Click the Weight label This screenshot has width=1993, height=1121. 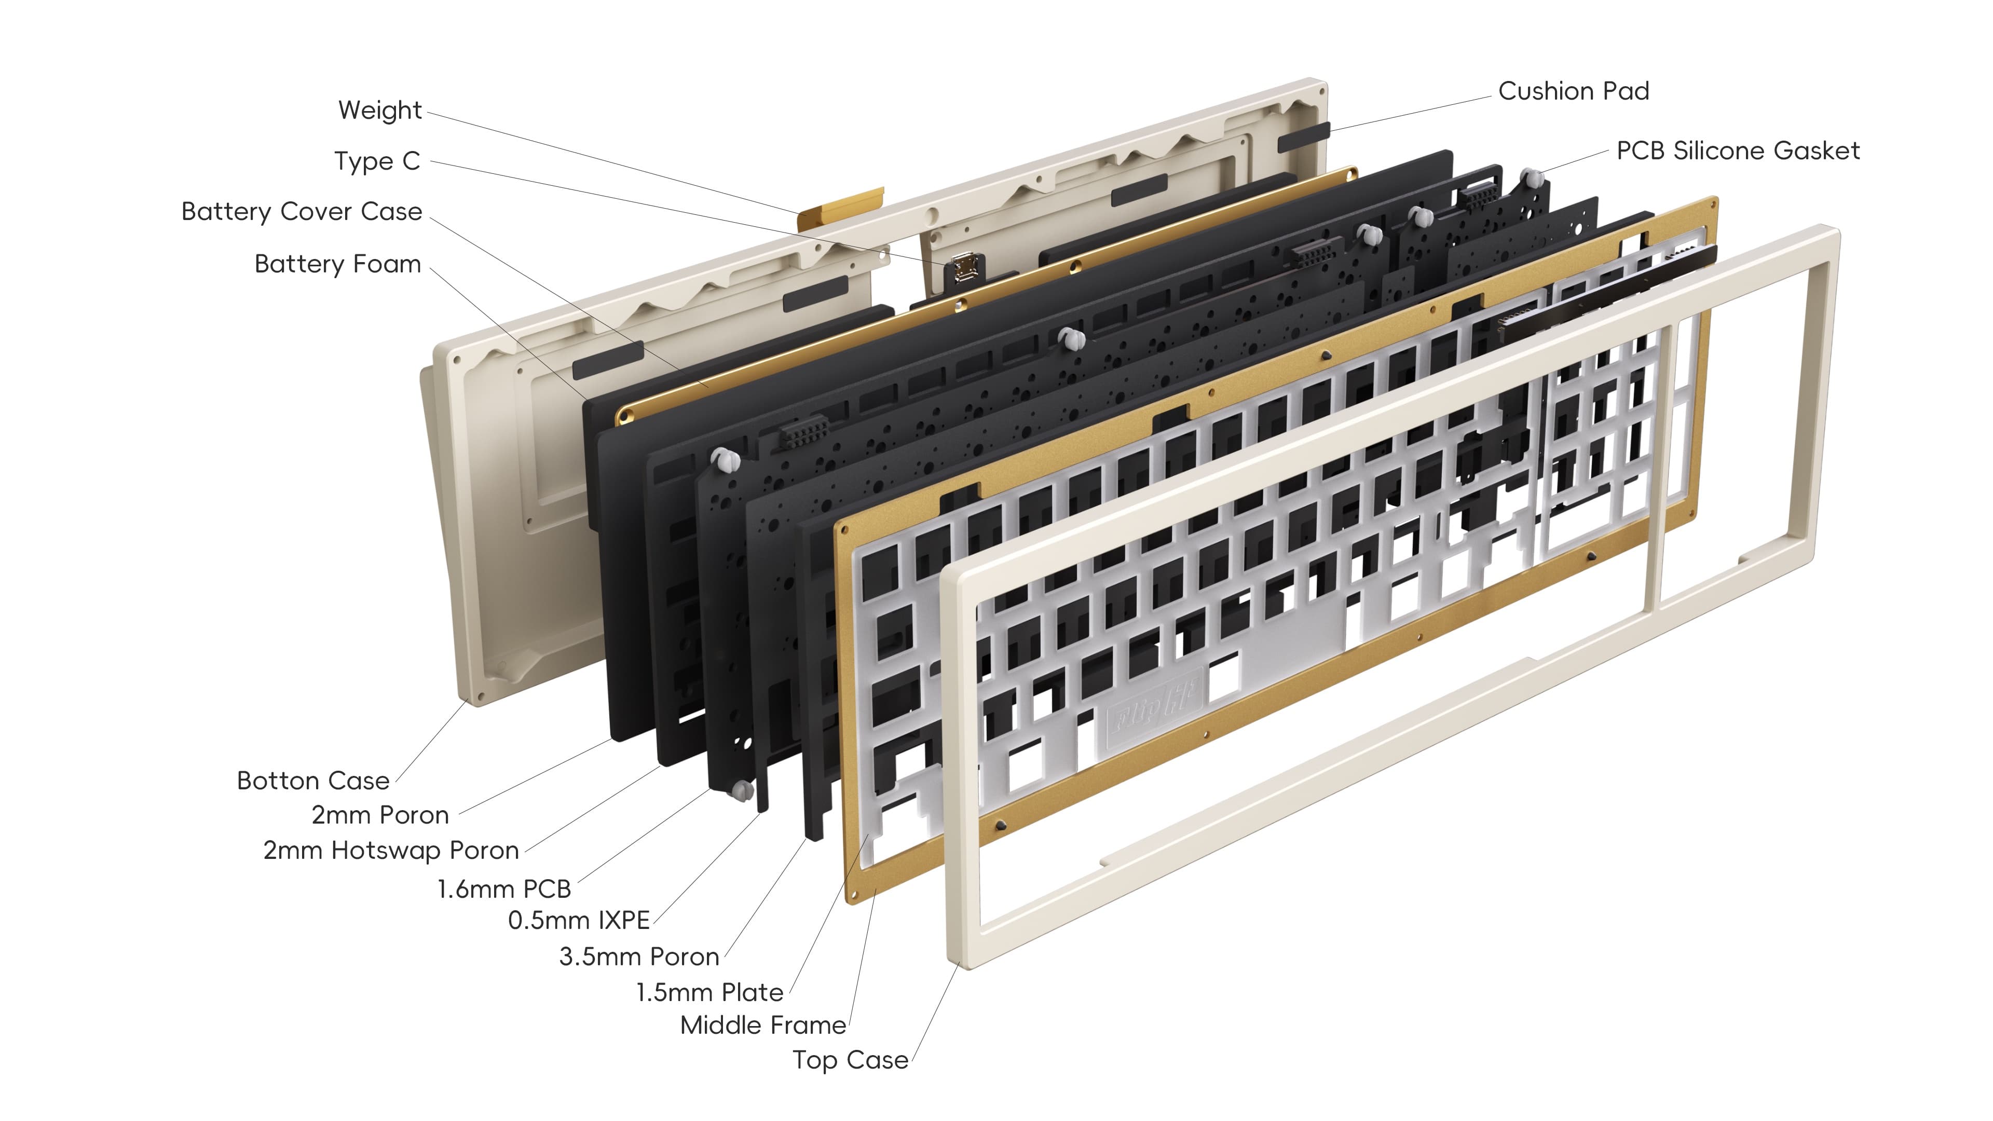[x=380, y=111]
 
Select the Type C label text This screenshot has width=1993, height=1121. [x=377, y=162]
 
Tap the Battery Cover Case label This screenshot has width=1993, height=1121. [x=302, y=212]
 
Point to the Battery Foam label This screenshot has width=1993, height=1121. [x=337, y=265]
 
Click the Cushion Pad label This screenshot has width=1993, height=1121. [x=1573, y=91]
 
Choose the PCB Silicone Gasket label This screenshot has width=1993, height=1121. [x=1738, y=151]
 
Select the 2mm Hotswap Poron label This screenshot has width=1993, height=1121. [x=391, y=851]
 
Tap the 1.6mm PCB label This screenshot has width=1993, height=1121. [x=503, y=890]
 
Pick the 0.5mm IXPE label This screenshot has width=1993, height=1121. [x=579, y=921]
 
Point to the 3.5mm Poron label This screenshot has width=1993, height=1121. [x=639, y=957]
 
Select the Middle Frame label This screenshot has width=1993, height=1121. [x=763, y=1026]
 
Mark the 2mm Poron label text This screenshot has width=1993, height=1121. [x=380, y=815]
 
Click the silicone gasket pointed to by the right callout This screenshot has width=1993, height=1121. [x=1531, y=179]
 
